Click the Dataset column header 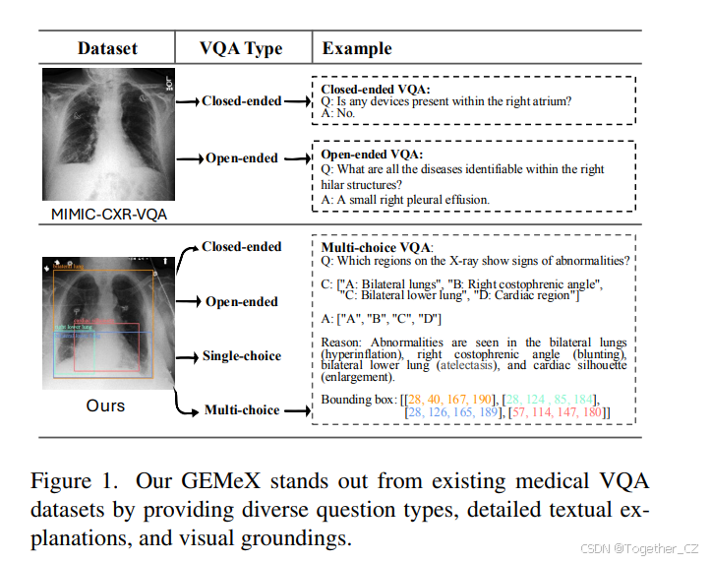point(107,48)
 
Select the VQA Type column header point(241,48)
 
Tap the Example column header point(357,48)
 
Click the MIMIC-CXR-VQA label point(107,214)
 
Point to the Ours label point(106,405)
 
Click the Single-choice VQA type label point(242,356)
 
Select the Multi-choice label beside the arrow point(242,409)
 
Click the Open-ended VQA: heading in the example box point(372,155)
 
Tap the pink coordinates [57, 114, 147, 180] point(560,412)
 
